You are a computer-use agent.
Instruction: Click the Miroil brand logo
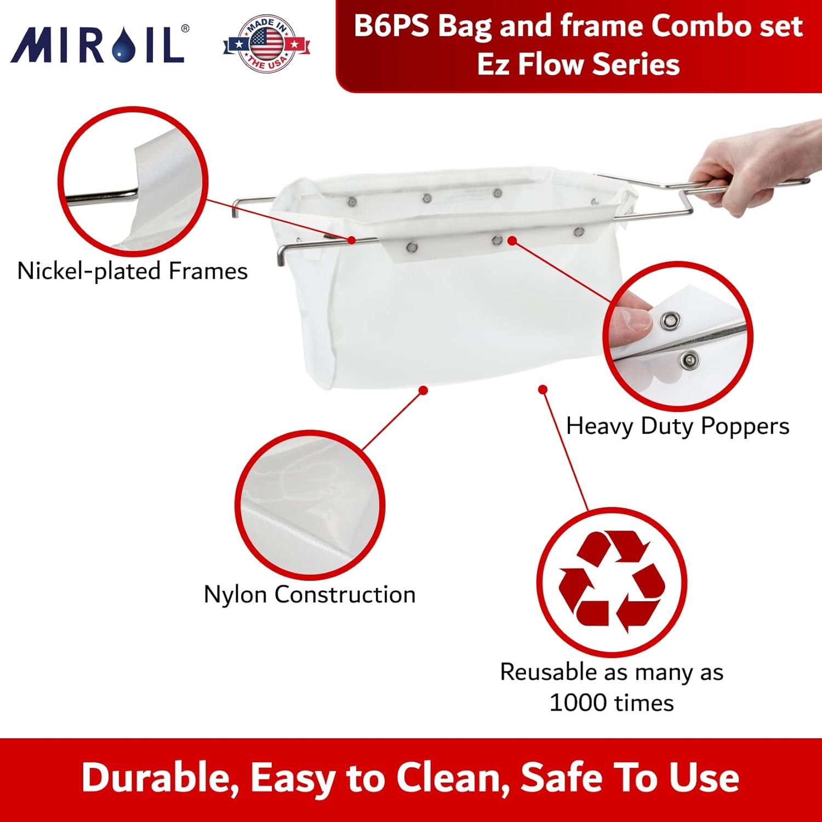click(x=99, y=44)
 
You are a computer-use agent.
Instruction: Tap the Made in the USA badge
click(x=267, y=43)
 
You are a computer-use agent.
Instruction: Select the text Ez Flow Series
click(x=578, y=64)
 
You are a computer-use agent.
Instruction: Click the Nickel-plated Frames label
click(x=132, y=271)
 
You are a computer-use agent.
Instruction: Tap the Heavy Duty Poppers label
click(x=677, y=426)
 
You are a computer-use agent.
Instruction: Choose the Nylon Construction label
click(x=309, y=595)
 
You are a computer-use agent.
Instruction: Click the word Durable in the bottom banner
click(x=159, y=777)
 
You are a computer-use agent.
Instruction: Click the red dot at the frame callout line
click(x=352, y=240)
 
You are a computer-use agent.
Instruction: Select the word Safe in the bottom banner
click(x=561, y=777)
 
